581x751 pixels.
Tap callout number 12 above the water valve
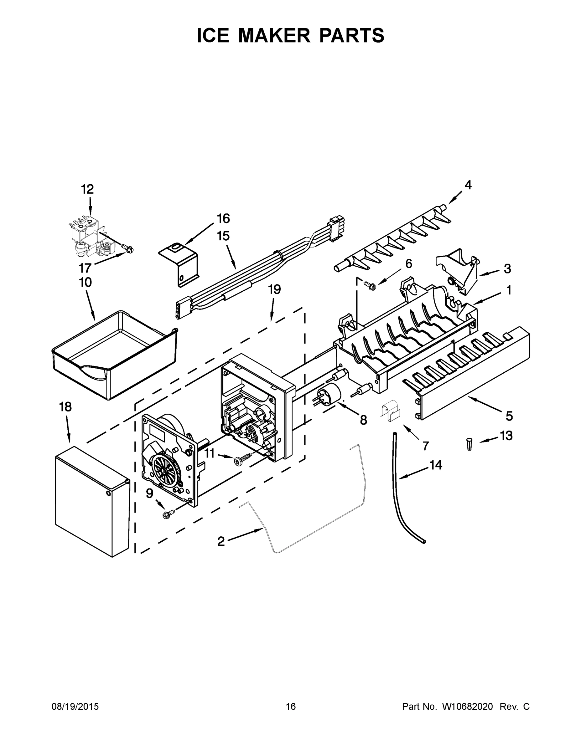point(87,189)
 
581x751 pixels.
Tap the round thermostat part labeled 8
point(328,396)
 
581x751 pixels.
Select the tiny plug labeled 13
point(469,444)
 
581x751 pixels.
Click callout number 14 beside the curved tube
point(435,465)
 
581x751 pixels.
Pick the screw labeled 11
point(242,459)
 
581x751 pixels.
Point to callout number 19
point(274,289)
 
